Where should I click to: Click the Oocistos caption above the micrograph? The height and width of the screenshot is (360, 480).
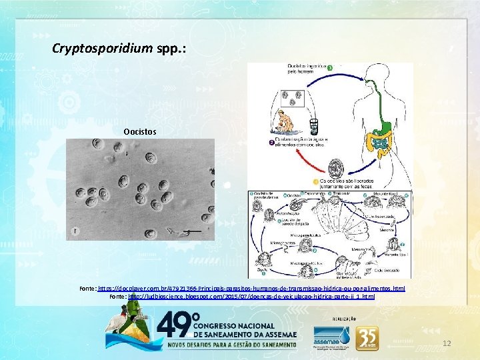(x=140, y=132)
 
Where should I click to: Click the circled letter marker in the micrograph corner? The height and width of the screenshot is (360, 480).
(x=76, y=231)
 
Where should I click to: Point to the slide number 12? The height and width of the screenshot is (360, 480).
(x=447, y=343)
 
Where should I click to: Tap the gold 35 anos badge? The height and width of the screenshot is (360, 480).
(x=368, y=338)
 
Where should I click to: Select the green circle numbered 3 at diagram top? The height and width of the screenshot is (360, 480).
(x=329, y=68)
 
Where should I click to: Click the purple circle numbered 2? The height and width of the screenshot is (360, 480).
(x=271, y=142)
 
